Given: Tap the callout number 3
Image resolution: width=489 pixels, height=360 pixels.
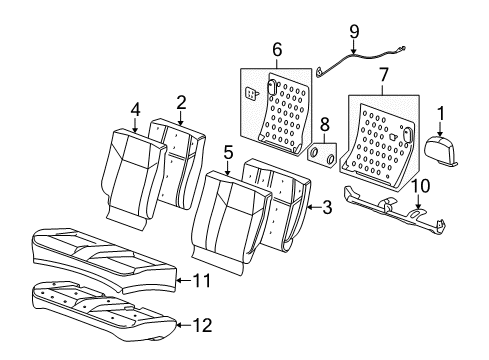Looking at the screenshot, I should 327,207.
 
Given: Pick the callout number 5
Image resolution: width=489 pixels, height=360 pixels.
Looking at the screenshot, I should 228,154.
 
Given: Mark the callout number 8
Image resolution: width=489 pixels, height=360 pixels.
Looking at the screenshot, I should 323,124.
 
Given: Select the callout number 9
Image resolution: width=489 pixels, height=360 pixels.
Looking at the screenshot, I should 353,32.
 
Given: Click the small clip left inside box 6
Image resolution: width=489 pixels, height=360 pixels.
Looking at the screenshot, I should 252,93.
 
